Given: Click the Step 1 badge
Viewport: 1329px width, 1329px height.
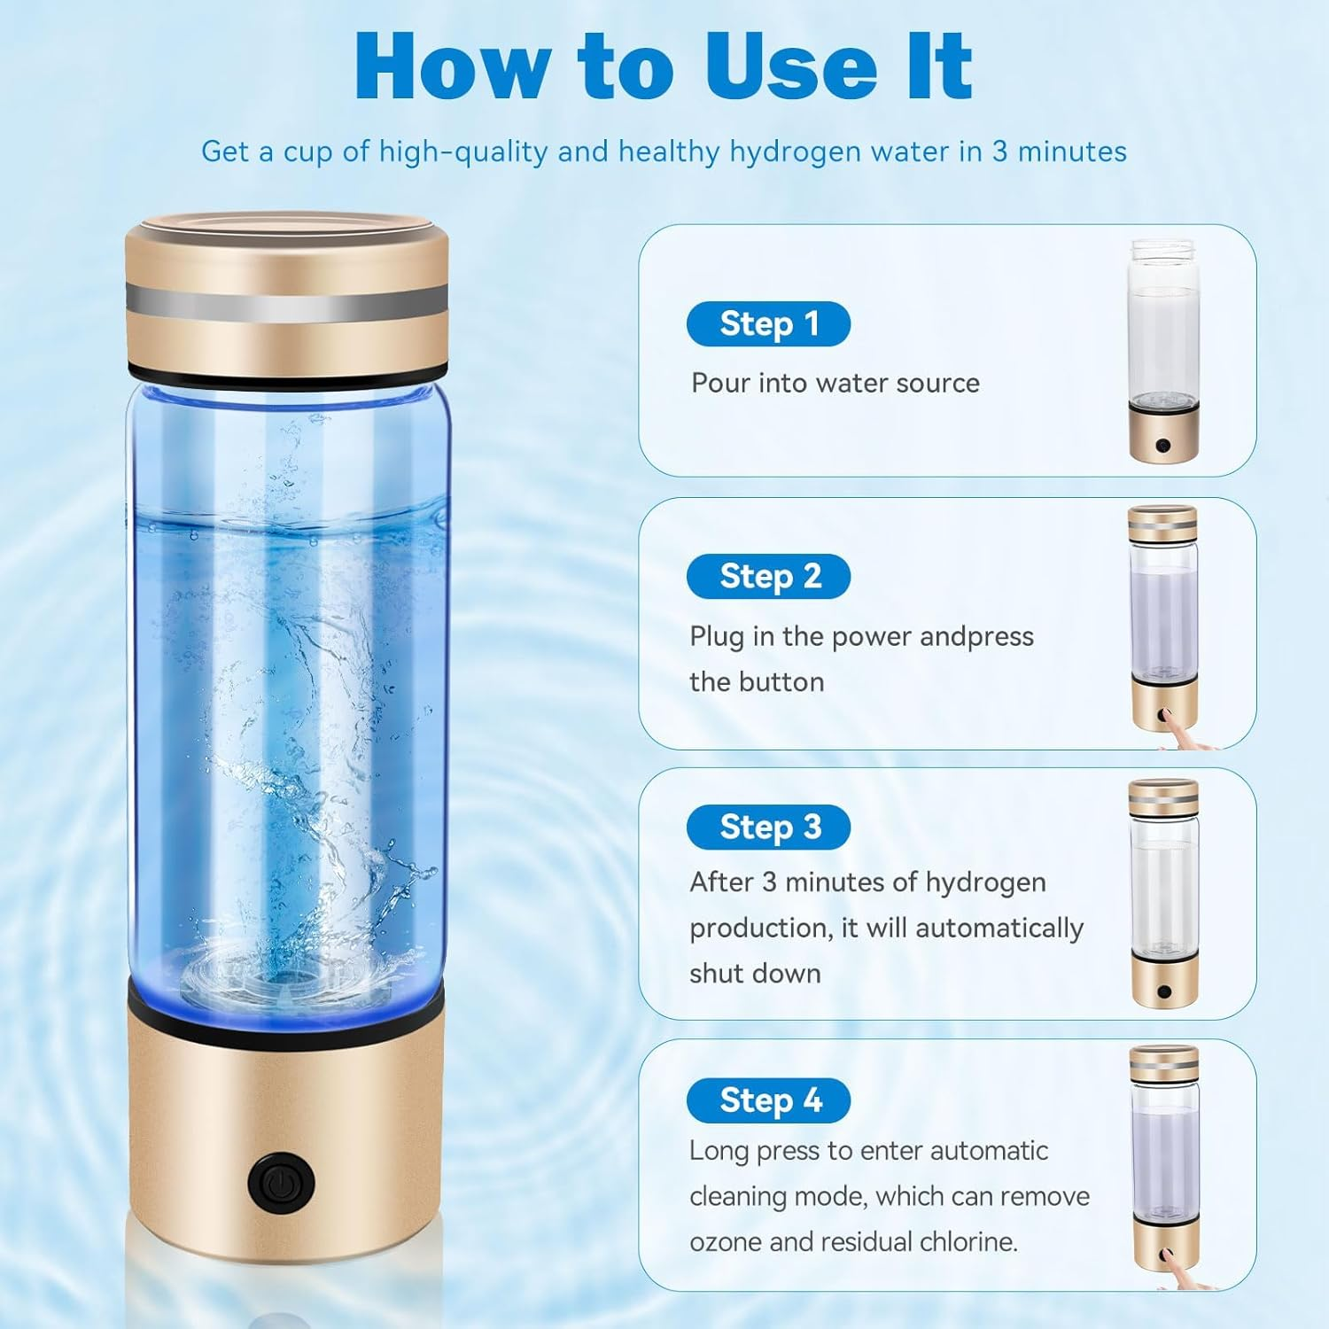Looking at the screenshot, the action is click(x=768, y=324).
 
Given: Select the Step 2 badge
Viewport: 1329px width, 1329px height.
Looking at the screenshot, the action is click(x=768, y=577).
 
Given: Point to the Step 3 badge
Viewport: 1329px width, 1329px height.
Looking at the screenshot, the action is click(x=768, y=828).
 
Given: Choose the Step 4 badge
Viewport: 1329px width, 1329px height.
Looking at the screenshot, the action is click(x=768, y=1100).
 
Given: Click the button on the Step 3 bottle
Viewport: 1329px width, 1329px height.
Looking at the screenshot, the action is click(x=1163, y=992).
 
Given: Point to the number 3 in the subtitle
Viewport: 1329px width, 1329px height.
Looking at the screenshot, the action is click(x=999, y=152).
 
